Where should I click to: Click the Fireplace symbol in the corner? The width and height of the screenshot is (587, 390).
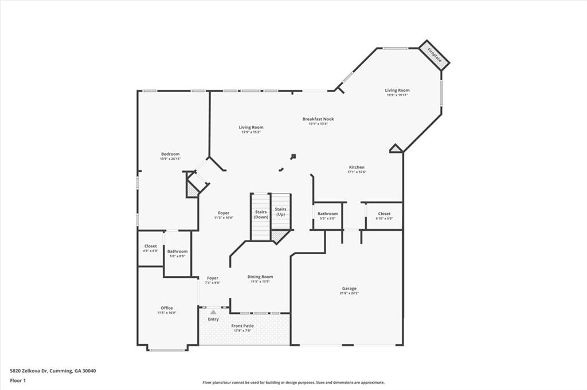[x=434, y=55]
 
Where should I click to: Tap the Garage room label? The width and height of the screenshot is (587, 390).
[x=349, y=289]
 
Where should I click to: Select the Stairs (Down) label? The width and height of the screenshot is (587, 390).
[x=261, y=214]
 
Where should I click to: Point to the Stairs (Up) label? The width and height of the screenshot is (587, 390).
[x=280, y=211]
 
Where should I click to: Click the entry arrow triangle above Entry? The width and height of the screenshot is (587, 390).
[x=213, y=312]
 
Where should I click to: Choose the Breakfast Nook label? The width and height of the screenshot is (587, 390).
[x=318, y=119]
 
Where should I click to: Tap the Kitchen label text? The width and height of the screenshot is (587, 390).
[x=357, y=167]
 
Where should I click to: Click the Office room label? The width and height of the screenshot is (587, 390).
[x=166, y=308]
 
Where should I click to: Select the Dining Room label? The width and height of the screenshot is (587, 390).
[x=260, y=277]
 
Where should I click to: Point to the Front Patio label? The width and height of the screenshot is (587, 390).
[x=242, y=326]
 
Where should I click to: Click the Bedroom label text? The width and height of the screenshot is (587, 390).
[x=170, y=153]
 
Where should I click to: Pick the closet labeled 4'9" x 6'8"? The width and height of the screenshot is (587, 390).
[x=151, y=248]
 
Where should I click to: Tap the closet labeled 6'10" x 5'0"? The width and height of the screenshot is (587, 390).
[x=384, y=215]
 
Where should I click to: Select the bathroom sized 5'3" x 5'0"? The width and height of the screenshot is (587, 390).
[x=328, y=216]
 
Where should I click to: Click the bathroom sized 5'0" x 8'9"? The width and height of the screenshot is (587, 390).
[x=177, y=253]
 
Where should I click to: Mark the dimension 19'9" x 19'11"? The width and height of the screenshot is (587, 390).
[x=397, y=95]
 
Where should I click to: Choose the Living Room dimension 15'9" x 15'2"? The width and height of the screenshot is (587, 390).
[x=251, y=132]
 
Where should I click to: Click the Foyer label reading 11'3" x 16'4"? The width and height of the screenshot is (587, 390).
[x=223, y=217]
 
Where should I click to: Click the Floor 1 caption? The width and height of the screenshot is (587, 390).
[x=18, y=380]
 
